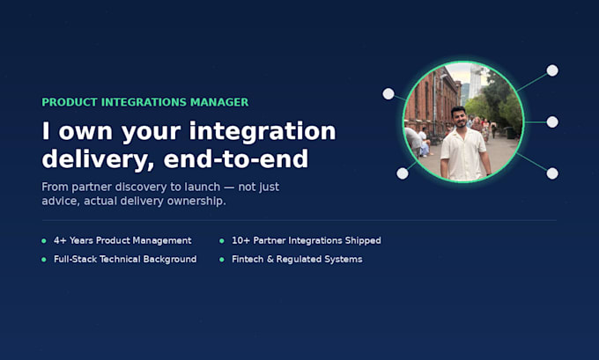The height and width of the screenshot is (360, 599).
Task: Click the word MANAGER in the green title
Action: tap(219, 102)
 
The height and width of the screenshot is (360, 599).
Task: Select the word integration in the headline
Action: tap(263, 132)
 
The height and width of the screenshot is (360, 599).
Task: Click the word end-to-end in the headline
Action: tap(236, 159)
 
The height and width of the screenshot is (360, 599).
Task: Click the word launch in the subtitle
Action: tap(203, 187)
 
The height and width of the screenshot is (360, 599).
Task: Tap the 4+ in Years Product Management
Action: tap(60, 240)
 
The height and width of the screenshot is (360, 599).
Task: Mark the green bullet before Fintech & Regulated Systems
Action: tap(222, 260)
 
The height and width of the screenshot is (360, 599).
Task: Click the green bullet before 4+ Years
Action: tap(44, 241)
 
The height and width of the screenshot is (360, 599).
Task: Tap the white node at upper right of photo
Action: tap(552, 70)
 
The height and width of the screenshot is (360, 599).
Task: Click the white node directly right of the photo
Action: tap(552, 122)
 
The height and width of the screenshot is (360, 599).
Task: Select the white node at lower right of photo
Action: tap(552, 173)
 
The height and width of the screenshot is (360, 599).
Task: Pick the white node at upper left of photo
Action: tap(388, 94)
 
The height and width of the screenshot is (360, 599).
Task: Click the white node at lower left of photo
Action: tap(402, 173)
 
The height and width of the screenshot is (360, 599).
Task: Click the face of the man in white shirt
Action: tap(460, 118)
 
